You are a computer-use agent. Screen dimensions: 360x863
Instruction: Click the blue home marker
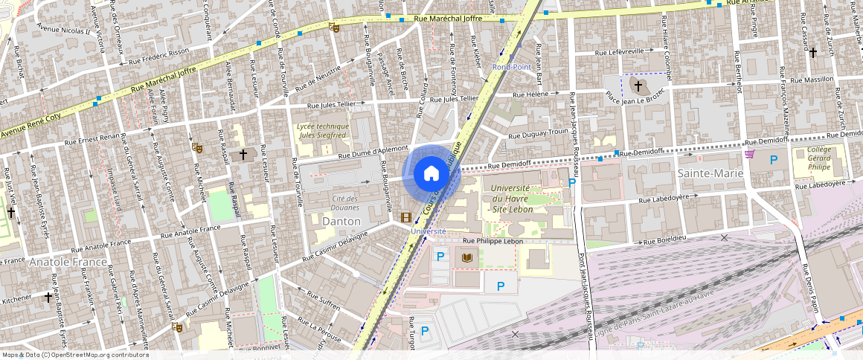coord(431,174)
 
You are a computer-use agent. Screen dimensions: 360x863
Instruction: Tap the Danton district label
coord(341,221)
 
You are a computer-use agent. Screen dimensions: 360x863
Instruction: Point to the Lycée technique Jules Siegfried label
coord(322,131)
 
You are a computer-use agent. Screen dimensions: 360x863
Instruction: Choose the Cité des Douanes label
coord(344,203)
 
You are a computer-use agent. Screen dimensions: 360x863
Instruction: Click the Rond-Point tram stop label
coord(510,67)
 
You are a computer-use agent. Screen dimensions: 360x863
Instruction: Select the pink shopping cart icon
coord(749,154)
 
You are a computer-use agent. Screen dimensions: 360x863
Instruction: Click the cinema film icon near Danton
coord(405,217)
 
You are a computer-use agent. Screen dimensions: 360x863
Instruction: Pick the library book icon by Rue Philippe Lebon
coord(467,257)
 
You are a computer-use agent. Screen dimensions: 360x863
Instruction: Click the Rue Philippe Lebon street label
coord(489,241)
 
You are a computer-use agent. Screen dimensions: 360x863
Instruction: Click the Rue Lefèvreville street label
coord(619,52)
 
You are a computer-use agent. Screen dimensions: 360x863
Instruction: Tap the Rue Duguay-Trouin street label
coord(539,134)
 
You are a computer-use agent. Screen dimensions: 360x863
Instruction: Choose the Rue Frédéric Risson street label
coord(158,57)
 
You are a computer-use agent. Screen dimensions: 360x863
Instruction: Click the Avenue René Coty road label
coord(28,126)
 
